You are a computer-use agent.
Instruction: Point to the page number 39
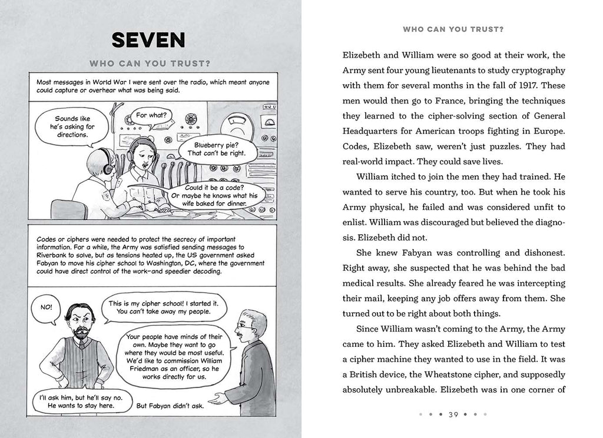pos(453,414)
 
